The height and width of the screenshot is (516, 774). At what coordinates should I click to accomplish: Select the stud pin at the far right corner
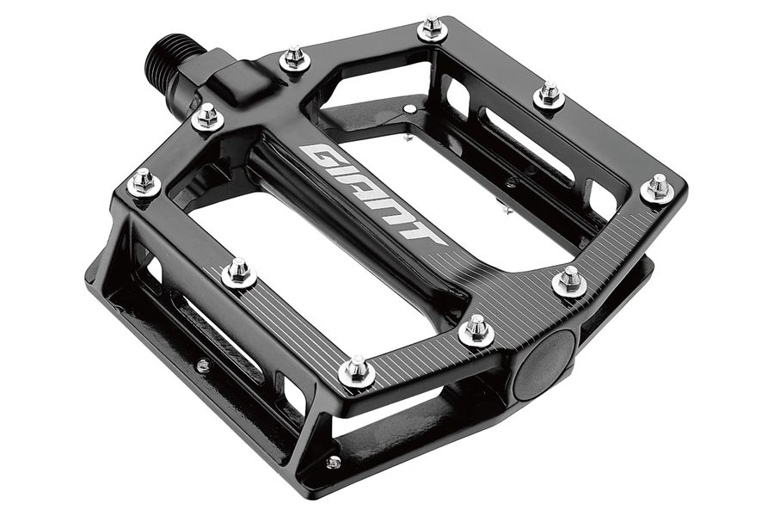coord(659,188)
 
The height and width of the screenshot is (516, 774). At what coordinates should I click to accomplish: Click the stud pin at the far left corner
coord(144,181)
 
